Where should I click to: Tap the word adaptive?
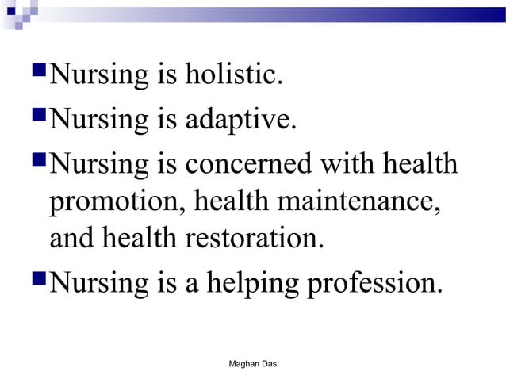point(243,121)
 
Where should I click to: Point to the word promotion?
point(116,201)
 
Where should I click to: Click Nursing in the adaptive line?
point(95,121)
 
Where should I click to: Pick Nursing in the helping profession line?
point(95,282)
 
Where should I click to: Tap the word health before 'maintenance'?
point(232,201)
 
